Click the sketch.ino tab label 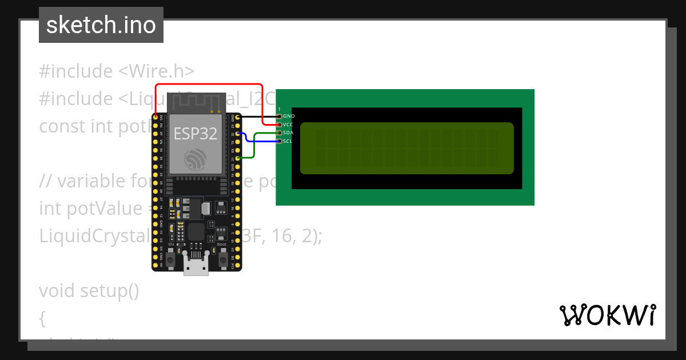coord(101,25)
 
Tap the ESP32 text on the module coord(196,134)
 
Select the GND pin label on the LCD coord(289,116)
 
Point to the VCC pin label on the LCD coord(288,124)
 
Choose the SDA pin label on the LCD coord(288,133)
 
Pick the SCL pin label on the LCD coord(288,141)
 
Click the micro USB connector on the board coord(196,267)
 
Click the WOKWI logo coord(607,315)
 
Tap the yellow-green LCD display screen coord(406,148)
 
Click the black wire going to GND coord(257,116)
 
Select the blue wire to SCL coord(263,141)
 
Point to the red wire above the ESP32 coord(206,83)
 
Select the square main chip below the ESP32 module coord(196,231)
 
